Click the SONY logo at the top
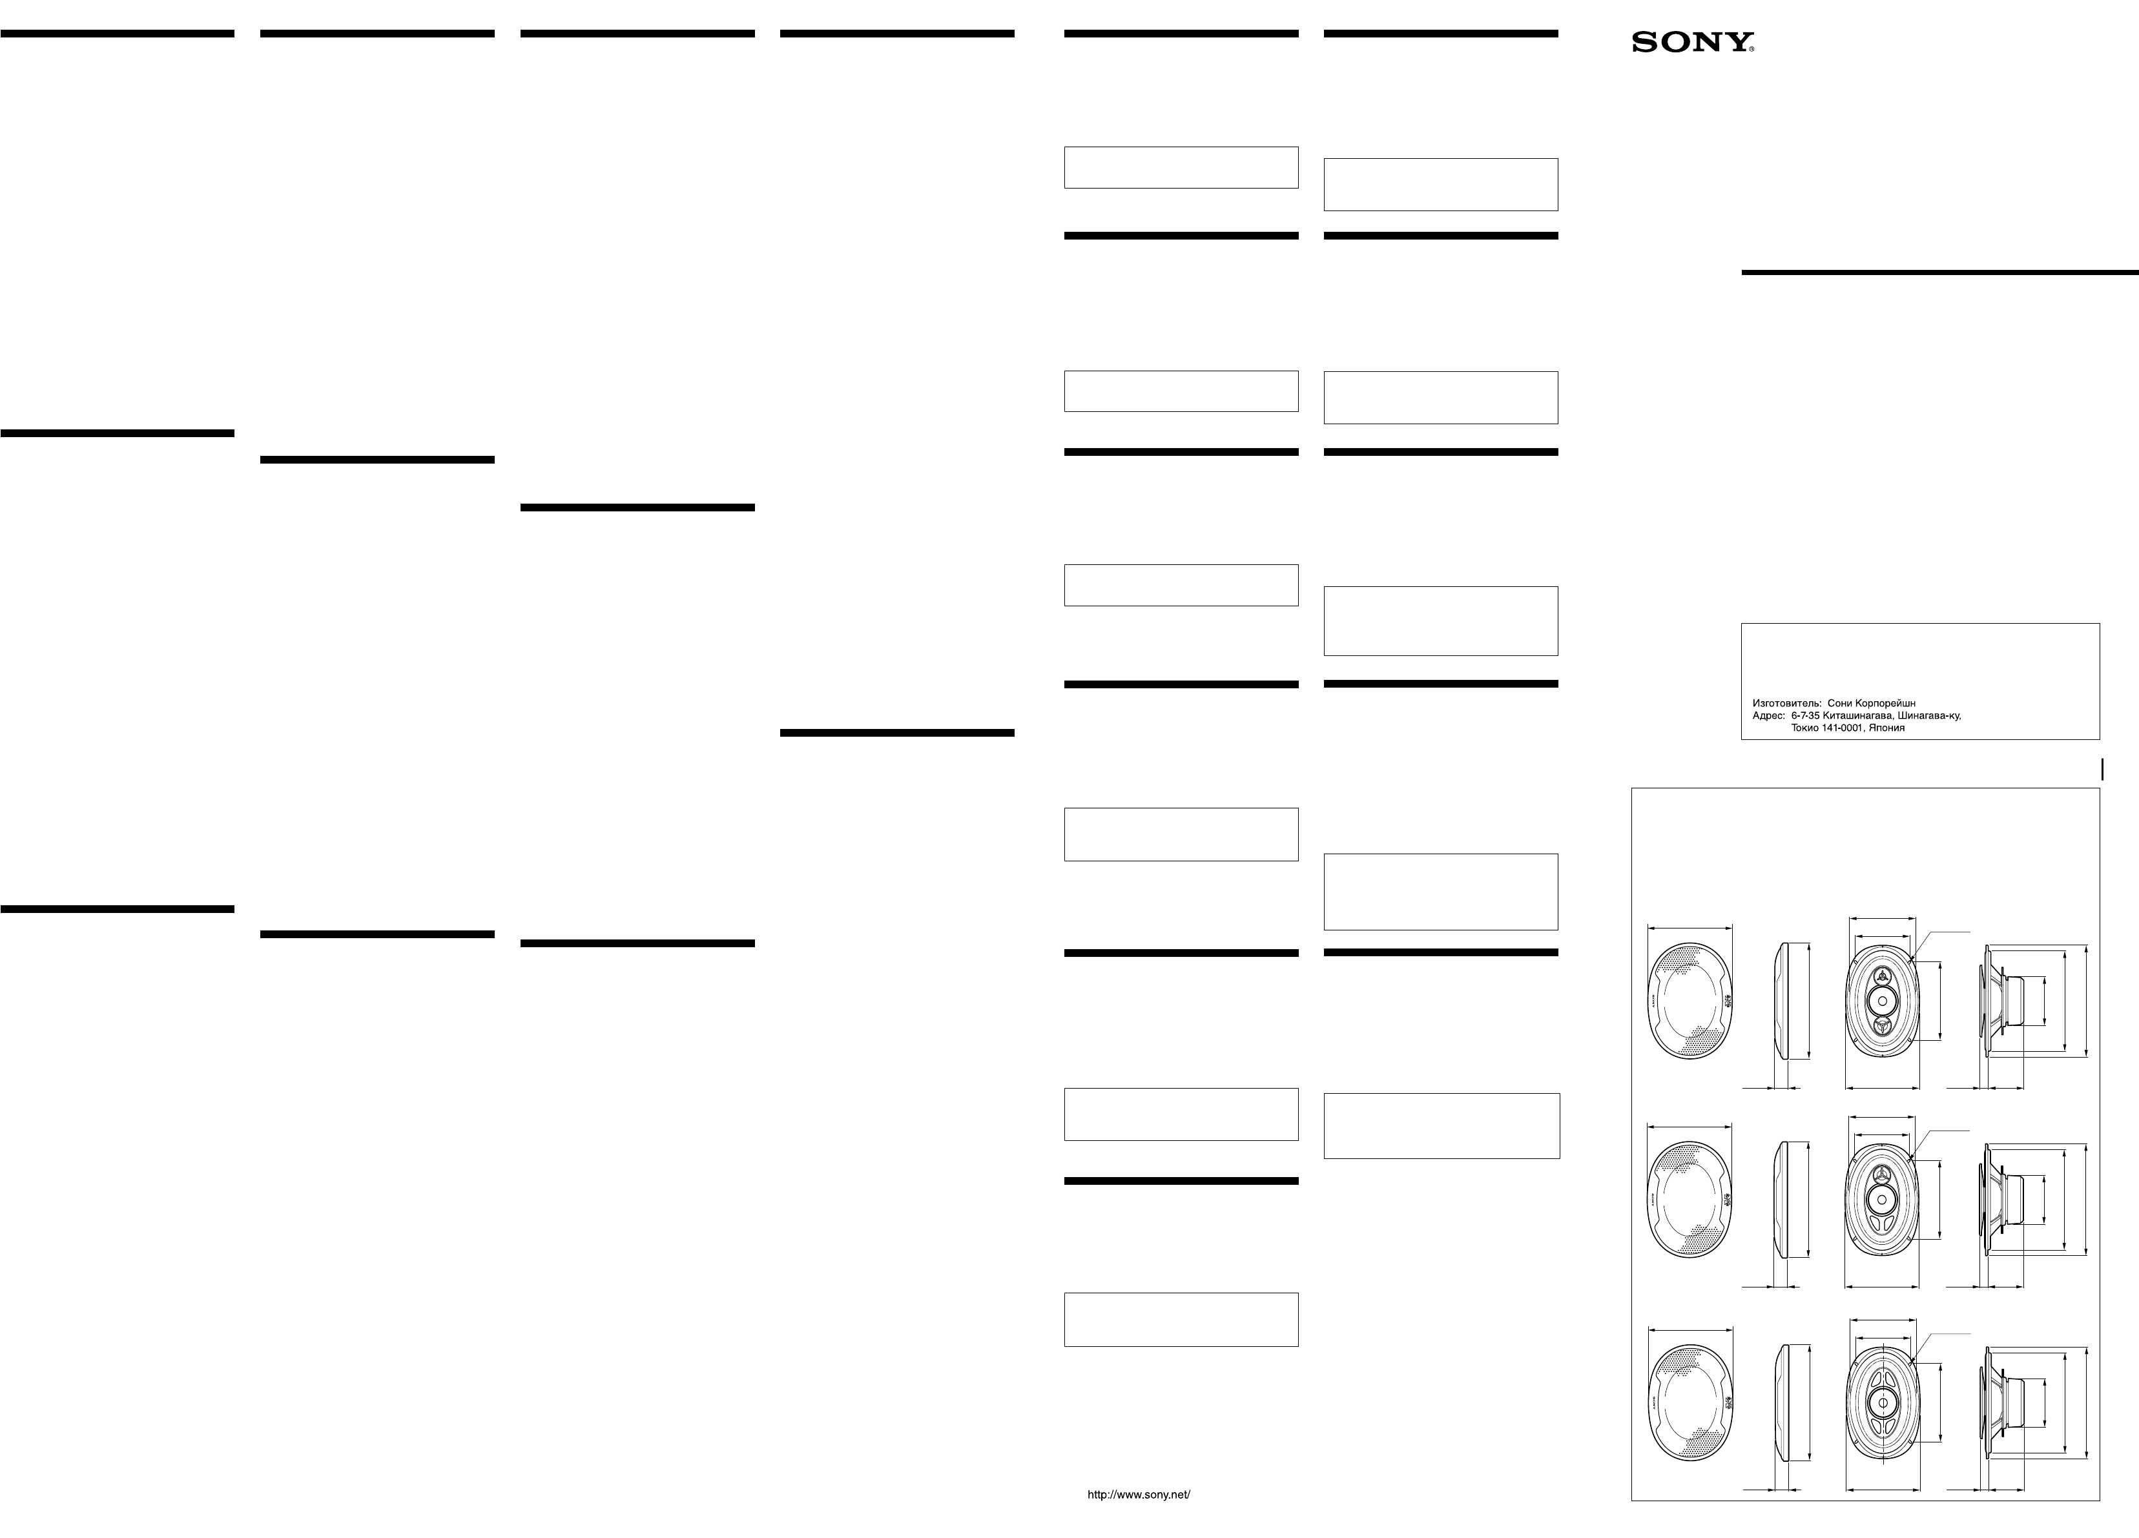(1693, 43)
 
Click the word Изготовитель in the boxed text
(1785, 703)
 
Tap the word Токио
(1807, 728)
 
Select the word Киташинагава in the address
(1862, 715)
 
